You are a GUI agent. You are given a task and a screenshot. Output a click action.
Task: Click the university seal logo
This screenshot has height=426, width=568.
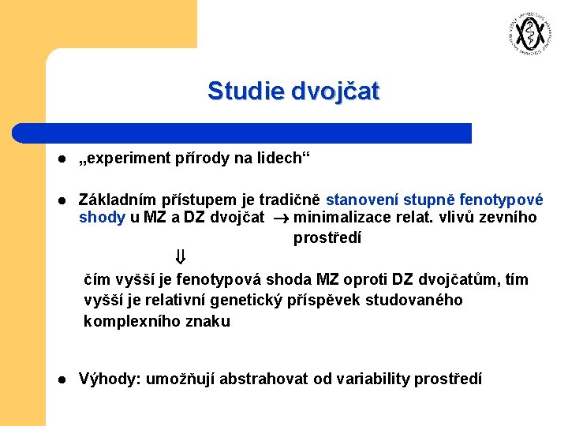(x=528, y=34)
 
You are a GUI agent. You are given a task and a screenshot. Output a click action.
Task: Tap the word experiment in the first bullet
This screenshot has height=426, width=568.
(x=121, y=158)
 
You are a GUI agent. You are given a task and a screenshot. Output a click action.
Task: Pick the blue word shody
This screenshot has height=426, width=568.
(x=102, y=218)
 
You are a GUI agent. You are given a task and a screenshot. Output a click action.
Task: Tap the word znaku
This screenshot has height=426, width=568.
(x=206, y=321)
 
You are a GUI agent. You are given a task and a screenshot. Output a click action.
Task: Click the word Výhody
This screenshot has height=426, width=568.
(x=107, y=379)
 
